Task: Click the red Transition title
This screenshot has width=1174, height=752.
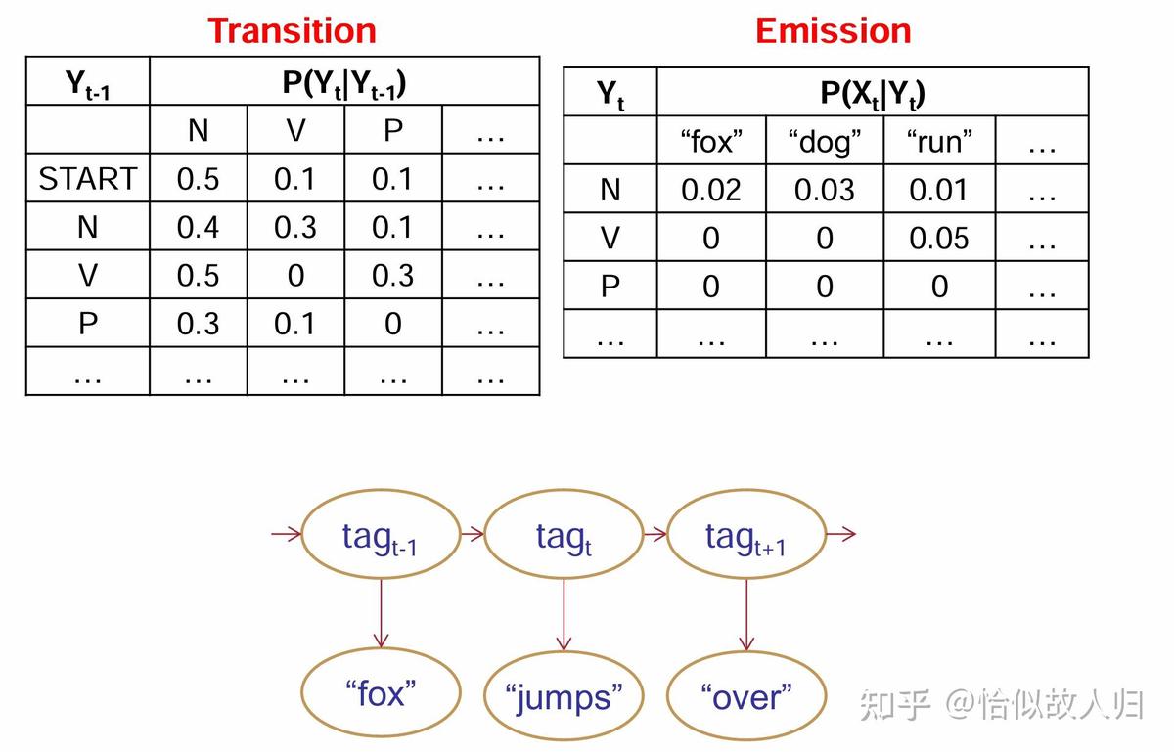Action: point(292,30)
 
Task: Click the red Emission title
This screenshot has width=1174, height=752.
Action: point(833,30)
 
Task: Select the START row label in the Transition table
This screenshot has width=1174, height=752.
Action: point(88,179)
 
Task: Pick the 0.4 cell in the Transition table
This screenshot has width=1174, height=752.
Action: point(199,227)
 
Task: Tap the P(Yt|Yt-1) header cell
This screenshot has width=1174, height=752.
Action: point(344,82)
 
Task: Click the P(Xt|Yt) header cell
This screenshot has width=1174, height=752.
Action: point(873,93)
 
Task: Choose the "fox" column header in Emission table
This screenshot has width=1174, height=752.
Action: point(711,142)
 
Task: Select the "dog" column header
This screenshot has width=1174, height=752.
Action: point(825,142)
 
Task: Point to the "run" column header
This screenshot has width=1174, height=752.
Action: point(939,142)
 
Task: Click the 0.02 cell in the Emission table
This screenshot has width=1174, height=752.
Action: point(711,190)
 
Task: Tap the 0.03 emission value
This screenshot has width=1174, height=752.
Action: point(825,190)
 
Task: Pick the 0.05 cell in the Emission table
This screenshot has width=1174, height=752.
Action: point(939,238)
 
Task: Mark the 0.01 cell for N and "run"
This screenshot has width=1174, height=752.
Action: point(939,190)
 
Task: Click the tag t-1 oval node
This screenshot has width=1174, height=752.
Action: point(381,536)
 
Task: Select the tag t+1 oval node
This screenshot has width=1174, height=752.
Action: point(745,536)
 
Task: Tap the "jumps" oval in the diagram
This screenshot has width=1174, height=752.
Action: point(564,697)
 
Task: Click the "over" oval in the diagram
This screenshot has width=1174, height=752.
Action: point(746,697)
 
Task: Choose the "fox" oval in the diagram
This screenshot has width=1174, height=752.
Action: point(382,694)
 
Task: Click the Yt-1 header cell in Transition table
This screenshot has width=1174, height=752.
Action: point(88,82)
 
